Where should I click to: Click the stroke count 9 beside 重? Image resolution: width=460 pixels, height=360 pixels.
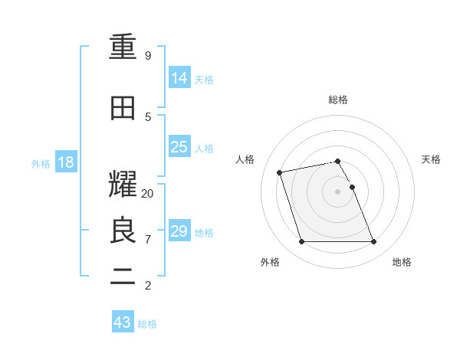tap(148, 56)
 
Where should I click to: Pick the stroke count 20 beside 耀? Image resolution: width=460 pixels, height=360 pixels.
tap(148, 194)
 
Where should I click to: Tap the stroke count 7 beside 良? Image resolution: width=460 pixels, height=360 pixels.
tap(148, 240)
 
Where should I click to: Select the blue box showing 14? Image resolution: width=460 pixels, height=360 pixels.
tap(179, 77)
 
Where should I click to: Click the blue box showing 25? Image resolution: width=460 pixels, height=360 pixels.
tap(179, 146)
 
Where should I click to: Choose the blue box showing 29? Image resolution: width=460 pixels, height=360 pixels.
tap(179, 231)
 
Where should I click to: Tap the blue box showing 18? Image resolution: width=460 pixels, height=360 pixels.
tap(65, 162)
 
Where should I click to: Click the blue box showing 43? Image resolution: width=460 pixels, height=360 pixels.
tap(122, 322)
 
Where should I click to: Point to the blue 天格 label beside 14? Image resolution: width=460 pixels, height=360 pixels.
tap(204, 79)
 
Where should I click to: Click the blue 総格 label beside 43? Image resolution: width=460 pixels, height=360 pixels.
tap(147, 324)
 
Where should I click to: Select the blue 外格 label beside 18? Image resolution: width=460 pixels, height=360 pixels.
tap(41, 163)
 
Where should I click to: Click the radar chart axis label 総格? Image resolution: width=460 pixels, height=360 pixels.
tap(338, 100)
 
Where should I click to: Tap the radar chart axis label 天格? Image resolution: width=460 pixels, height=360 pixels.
tap(431, 159)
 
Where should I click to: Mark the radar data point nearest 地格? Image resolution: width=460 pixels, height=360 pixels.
tap(373, 242)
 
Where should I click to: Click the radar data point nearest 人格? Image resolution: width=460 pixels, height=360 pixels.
tap(280, 172)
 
